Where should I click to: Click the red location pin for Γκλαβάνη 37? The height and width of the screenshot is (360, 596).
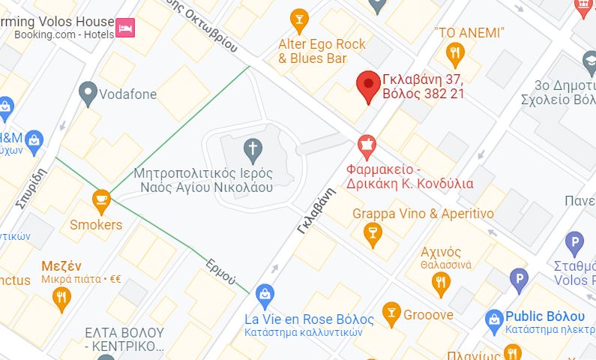[x=367, y=85]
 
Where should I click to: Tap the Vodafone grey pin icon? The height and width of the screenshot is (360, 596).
[x=88, y=92]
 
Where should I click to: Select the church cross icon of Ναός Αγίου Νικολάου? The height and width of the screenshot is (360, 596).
[x=253, y=149]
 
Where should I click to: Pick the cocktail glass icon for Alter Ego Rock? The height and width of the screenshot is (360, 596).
[x=299, y=19]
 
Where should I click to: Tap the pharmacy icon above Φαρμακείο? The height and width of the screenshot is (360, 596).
[x=367, y=145]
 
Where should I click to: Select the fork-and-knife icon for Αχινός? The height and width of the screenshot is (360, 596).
[x=442, y=282]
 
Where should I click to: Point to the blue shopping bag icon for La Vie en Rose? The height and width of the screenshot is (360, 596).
[x=264, y=295]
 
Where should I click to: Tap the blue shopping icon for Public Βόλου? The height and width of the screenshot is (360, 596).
[x=493, y=321]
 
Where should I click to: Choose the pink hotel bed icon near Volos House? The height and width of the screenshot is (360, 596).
[x=125, y=28]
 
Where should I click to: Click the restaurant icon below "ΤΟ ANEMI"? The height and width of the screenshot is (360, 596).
[x=454, y=52]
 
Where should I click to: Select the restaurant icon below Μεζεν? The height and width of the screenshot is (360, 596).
[x=62, y=298]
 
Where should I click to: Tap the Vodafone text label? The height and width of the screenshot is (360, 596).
[x=129, y=94]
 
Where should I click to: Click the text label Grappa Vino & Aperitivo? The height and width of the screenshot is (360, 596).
[x=423, y=214]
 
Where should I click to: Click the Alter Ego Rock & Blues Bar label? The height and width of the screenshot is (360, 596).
[x=322, y=51]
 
